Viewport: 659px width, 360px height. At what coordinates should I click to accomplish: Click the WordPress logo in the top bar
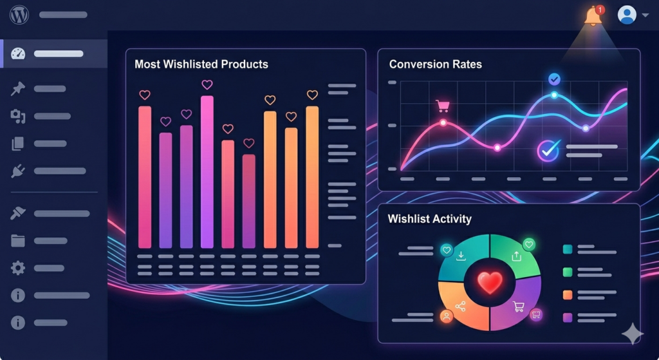[19, 14]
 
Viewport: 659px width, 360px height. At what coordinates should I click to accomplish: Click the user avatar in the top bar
[627, 15]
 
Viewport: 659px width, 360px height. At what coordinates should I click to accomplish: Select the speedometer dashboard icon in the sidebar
[17, 53]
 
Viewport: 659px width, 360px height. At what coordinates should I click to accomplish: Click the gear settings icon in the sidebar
[17, 268]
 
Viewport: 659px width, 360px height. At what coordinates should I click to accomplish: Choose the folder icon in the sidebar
[17, 241]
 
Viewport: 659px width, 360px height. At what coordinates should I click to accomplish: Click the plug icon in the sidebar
[17, 171]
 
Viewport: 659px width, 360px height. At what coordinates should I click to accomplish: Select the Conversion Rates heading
[435, 64]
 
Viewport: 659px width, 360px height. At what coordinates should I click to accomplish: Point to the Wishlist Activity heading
[429, 219]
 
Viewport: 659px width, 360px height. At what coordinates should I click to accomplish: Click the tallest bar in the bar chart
[207, 172]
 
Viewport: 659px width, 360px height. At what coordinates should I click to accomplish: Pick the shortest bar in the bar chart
[249, 201]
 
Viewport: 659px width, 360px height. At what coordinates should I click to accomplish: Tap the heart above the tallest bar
[207, 84]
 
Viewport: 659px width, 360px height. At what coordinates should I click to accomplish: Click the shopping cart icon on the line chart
[442, 106]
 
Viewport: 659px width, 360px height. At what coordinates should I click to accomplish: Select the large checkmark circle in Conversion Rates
[548, 150]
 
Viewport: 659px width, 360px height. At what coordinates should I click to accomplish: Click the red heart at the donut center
[490, 282]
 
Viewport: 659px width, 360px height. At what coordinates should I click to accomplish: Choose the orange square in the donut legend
[568, 295]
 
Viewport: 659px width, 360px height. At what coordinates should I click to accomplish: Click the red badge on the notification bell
[600, 10]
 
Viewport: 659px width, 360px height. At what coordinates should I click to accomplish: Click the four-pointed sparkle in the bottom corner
[633, 333]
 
